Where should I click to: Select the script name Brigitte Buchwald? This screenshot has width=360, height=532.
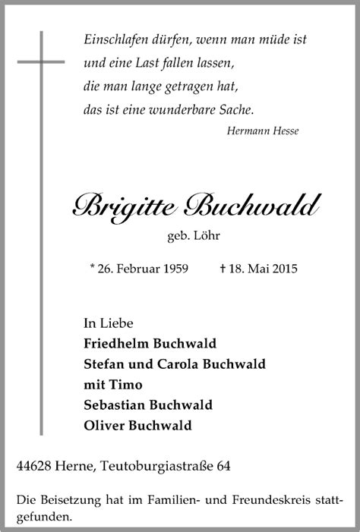click(196, 204)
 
